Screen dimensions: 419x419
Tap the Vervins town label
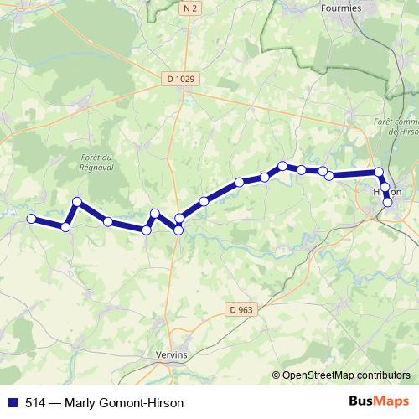point(173,355)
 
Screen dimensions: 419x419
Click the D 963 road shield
point(239,309)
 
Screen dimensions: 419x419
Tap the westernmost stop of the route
point(32,219)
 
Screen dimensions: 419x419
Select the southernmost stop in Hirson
point(387,202)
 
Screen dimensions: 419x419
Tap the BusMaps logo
point(379,401)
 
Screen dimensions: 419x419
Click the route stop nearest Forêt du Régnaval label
point(77,202)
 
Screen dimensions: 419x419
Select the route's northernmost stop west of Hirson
point(283,166)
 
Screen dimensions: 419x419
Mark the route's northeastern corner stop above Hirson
point(379,173)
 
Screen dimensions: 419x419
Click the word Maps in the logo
point(392,401)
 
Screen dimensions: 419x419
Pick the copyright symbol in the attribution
point(277,375)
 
